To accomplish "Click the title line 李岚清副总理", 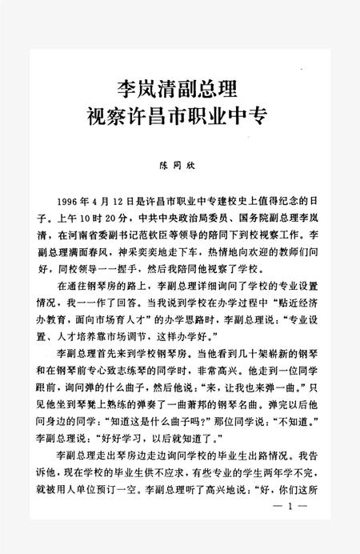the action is point(179,86).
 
